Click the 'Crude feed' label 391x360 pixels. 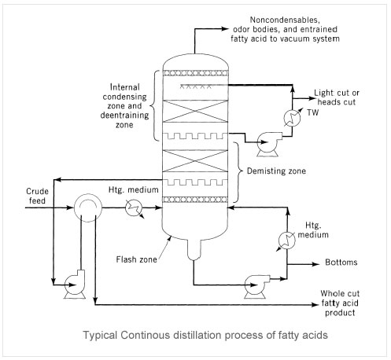[37, 196]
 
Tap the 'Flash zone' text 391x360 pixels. [136, 259]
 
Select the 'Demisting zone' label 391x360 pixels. [276, 171]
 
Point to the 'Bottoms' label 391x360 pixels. [341, 262]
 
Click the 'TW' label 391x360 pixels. [313, 112]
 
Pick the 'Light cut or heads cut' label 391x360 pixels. [337, 97]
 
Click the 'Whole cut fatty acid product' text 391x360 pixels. [340, 303]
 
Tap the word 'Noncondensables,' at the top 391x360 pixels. [285, 20]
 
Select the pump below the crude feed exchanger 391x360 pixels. [75, 285]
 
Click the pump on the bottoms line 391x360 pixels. [256, 285]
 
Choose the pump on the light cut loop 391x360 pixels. [268, 144]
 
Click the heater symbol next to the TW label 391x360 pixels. [293, 118]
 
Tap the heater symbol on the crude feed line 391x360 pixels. [134, 208]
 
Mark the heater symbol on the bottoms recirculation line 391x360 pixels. [286, 241]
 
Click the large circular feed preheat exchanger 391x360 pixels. [87, 208]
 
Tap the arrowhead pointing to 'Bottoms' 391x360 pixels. [315, 264]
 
